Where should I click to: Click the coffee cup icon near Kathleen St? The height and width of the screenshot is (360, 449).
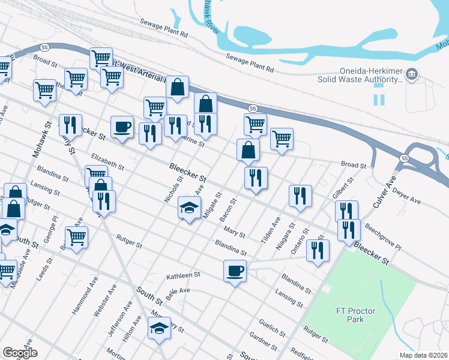point(235,271)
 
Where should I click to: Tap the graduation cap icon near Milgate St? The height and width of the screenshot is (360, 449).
point(189,208)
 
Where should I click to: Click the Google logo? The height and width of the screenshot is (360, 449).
point(20,352)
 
